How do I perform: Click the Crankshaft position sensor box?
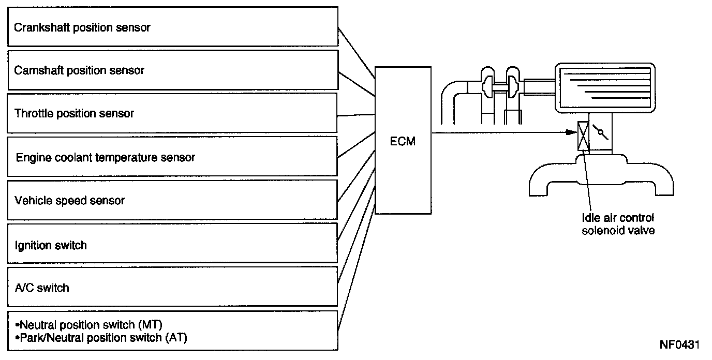(x=173, y=27)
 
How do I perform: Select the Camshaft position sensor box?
(x=173, y=70)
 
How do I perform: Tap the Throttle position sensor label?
(x=74, y=113)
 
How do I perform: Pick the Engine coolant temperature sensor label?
(x=105, y=157)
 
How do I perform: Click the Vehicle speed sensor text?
(x=70, y=201)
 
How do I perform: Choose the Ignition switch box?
(x=172, y=243)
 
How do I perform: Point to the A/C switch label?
(x=42, y=288)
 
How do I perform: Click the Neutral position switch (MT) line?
(x=89, y=325)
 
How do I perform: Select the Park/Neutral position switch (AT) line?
(x=101, y=337)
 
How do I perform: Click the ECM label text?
(x=403, y=141)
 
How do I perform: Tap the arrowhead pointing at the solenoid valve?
(x=572, y=132)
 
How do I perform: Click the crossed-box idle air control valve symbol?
(x=583, y=136)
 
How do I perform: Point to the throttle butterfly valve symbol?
(x=600, y=132)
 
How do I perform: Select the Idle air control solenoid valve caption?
(x=618, y=224)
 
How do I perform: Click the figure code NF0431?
(x=679, y=345)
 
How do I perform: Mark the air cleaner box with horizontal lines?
(x=605, y=88)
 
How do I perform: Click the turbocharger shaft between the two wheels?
(x=500, y=85)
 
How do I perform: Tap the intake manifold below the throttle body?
(x=601, y=175)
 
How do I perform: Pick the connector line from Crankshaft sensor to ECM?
(x=357, y=53)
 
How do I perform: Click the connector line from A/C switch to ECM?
(x=357, y=234)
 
